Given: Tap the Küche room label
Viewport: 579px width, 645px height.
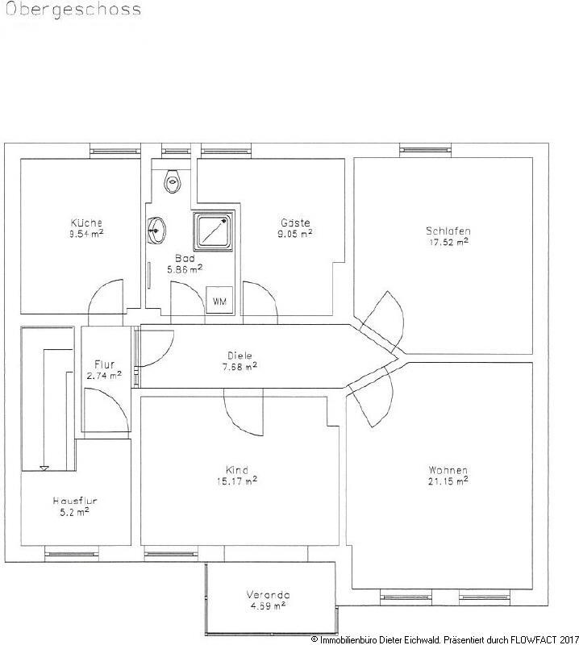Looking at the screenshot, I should [x=86, y=223].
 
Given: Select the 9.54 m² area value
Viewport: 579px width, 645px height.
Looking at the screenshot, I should [x=86, y=234].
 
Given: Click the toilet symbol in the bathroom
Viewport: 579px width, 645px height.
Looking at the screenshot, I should [x=171, y=181].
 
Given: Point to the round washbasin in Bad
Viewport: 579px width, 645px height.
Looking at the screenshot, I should [x=158, y=229].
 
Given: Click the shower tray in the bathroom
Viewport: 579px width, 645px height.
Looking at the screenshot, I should [x=212, y=231].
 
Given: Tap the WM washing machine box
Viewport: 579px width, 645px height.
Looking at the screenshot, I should [x=219, y=301].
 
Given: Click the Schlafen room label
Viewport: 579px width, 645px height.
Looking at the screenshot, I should [x=448, y=231].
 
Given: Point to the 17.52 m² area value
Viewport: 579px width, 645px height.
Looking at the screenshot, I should [x=448, y=241].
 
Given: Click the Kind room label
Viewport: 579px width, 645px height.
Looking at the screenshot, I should [x=237, y=471].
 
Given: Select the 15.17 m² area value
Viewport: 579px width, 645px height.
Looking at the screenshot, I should [x=237, y=482].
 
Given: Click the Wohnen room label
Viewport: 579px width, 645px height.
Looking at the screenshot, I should [x=448, y=471].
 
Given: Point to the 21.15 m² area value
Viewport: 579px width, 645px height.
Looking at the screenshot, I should [x=448, y=482].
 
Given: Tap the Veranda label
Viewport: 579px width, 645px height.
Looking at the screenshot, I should [x=268, y=596].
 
